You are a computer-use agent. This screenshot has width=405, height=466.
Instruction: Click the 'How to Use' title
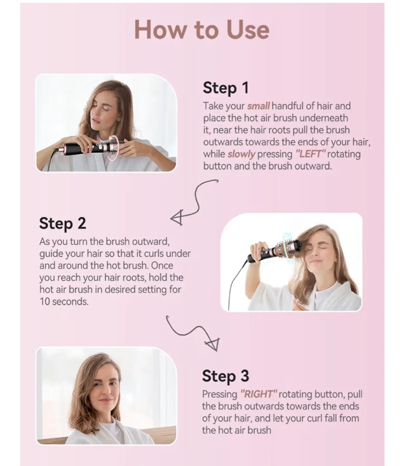tap(202, 30)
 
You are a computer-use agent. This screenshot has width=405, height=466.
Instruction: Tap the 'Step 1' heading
tap(226, 88)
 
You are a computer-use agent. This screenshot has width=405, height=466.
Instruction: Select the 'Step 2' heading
tap(62, 224)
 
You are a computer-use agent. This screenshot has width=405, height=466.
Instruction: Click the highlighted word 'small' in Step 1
tap(258, 106)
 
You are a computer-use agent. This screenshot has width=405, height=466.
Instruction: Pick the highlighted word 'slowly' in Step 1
tap(241, 154)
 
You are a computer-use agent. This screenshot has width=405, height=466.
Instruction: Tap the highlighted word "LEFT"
tap(310, 154)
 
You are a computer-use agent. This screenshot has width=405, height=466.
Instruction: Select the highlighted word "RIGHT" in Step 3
tap(259, 394)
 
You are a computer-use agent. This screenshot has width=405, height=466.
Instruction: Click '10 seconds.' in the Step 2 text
tap(64, 302)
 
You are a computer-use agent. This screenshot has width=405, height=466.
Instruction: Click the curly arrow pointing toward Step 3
tap(194, 333)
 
